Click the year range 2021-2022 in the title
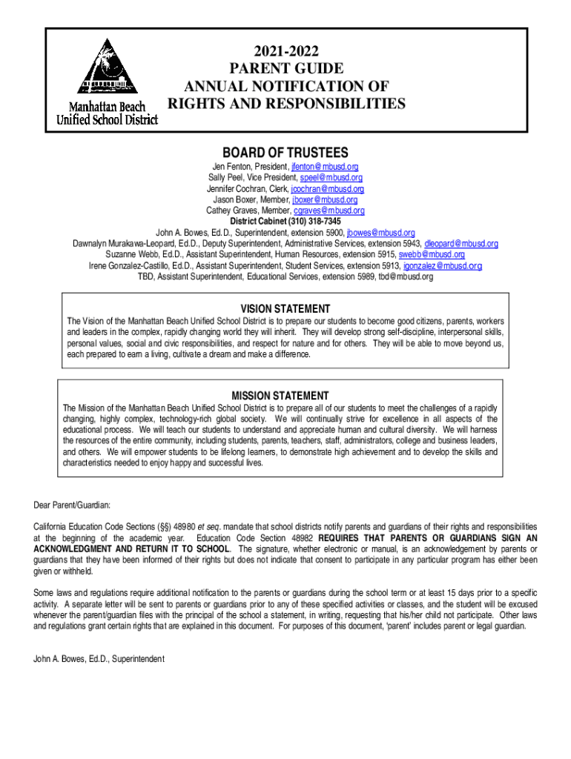tap(286, 51)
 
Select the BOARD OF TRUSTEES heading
tap(285, 152)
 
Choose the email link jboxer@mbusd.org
tap(325, 199)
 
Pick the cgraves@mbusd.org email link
tap(326, 210)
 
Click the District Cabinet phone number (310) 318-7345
tap(316, 221)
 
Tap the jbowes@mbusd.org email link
tap(381, 233)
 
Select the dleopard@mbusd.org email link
tap(461, 244)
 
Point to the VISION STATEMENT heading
tap(285, 308)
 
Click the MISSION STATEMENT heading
tap(280, 396)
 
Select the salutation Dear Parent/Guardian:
tap(72, 506)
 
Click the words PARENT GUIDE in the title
tap(286, 68)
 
